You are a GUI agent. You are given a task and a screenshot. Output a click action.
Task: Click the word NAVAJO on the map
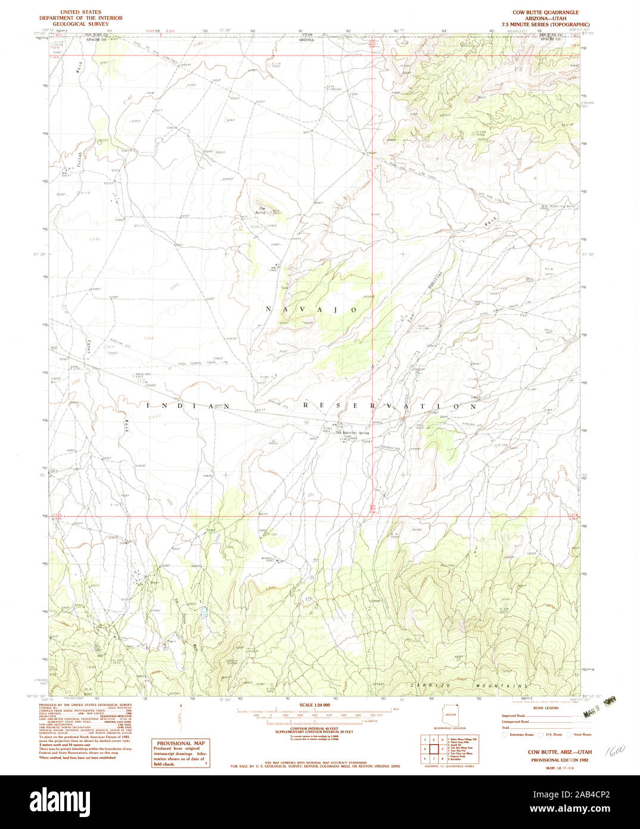[311, 310]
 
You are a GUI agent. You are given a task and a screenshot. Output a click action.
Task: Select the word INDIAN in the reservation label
[188, 405]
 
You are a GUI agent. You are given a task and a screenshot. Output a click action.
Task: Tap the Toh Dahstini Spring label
[352, 433]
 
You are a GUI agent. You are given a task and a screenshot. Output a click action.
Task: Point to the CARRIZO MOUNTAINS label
[469, 686]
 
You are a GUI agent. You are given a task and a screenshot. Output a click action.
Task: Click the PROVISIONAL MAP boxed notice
[181, 753]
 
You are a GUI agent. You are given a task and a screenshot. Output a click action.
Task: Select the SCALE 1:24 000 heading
[316, 705]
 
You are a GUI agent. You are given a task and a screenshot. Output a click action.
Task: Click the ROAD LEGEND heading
[546, 708]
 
